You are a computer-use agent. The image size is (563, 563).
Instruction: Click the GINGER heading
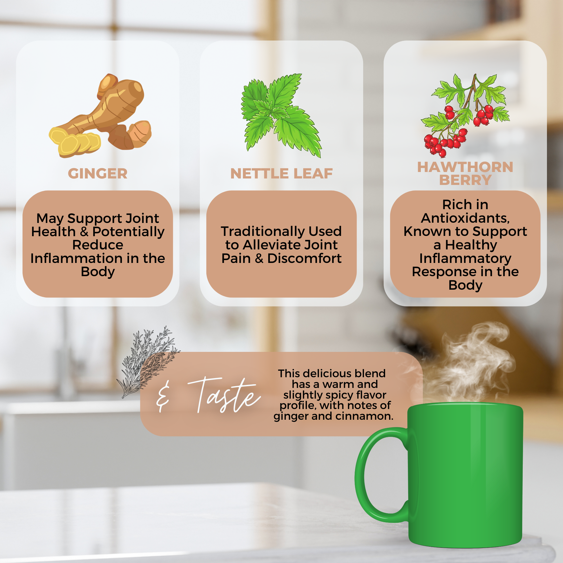pyautogui.click(x=98, y=173)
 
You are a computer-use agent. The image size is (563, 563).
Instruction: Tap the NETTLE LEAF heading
pyautogui.click(x=281, y=173)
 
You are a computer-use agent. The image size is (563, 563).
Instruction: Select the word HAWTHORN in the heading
pyautogui.click(x=465, y=167)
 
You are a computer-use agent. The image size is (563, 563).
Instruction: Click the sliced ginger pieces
pyautogui.click(x=75, y=142)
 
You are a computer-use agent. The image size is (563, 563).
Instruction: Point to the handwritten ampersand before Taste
pyautogui.click(x=163, y=398)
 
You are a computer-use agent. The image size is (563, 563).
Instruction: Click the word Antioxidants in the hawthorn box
pyautogui.click(x=465, y=218)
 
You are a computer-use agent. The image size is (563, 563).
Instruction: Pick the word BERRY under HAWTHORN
pyautogui.click(x=465, y=180)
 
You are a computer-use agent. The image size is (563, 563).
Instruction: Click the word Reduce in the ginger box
pyautogui.click(x=98, y=245)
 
